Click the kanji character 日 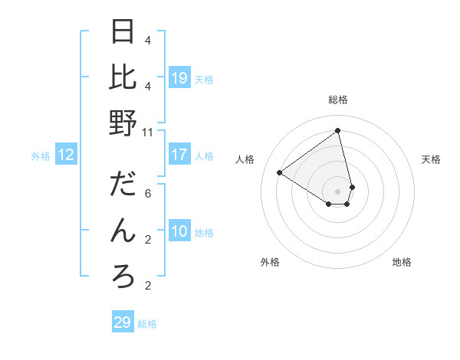pos(123,32)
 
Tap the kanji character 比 pos(123,77)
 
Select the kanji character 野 pos(123,123)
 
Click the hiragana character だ pos(123,185)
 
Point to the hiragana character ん pos(123,230)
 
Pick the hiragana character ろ pos(123,277)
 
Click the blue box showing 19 pos(179,77)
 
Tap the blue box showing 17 pos(179,155)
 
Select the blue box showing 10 pos(179,231)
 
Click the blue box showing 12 pos(66,155)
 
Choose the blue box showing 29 pos(123,322)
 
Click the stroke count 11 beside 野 pos(149,132)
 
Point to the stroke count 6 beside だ pos(148,193)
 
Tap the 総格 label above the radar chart pos(338,100)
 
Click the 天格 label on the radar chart pos(431,159)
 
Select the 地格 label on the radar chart pos(402,262)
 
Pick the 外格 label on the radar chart pos(269,262)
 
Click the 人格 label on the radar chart pos(245,159)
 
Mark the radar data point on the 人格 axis pos(280,172)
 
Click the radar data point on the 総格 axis pos(338,130)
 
